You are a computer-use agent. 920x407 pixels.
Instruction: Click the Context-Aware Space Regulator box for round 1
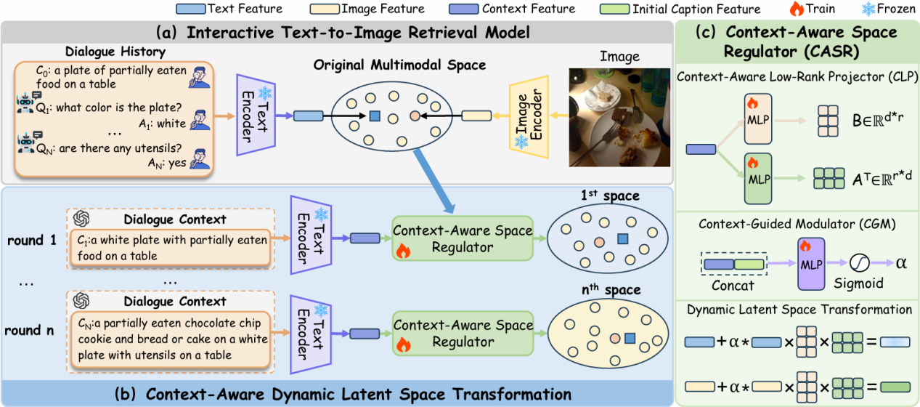[462, 238]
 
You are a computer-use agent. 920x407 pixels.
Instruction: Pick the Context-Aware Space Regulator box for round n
[462, 333]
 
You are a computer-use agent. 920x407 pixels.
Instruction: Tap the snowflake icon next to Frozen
[869, 9]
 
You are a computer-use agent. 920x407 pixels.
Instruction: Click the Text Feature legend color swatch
[190, 9]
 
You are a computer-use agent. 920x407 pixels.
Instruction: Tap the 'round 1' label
[32, 239]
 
